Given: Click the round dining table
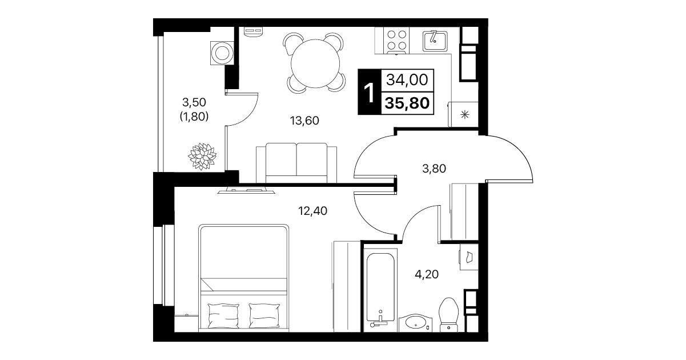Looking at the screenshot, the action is [315, 64].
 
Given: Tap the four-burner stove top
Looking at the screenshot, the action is [396, 41].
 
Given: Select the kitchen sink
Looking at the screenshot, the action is [435, 41].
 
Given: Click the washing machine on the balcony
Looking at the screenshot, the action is [222, 53].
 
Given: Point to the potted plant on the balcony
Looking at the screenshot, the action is [202, 156].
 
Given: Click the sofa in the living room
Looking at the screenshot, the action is [296, 163].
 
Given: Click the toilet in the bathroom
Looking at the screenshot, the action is [448, 315].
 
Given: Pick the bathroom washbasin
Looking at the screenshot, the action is [416, 322].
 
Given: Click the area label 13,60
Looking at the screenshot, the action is [304, 121].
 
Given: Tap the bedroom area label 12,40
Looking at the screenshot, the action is [312, 211].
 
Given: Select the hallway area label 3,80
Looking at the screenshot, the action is [434, 169].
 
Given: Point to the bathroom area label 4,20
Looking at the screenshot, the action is [427, 274].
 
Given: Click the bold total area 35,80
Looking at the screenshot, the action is [407, 103].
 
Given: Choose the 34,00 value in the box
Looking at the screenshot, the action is [407, 80].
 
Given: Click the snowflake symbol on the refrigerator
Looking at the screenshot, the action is [465, 115].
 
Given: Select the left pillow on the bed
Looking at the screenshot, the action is [223, 315].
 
